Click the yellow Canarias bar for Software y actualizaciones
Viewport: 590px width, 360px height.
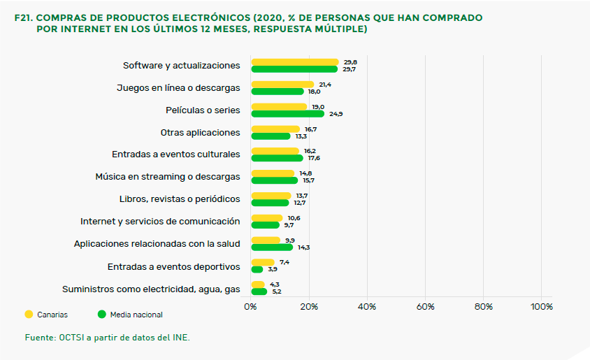294,62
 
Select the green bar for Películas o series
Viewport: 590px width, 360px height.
287,113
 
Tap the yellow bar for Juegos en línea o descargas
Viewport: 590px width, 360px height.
282,85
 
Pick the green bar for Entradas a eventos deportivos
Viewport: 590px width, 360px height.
257,269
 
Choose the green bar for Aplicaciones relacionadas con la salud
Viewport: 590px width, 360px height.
271,247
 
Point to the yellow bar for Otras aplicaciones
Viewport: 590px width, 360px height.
275,129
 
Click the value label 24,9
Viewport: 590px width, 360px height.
336,113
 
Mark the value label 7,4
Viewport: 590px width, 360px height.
284,262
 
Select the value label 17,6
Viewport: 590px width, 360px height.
314,158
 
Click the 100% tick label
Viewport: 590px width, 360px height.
541,306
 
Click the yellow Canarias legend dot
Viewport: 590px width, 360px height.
29,315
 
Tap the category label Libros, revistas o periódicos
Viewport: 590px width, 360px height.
180,199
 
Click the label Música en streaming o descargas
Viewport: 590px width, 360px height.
167,177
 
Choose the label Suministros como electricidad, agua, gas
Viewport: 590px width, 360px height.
151,288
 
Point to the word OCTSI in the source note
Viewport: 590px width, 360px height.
73,337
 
